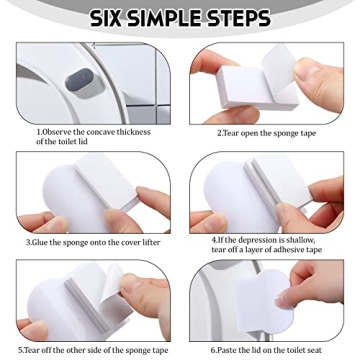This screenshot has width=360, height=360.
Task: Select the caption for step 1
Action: [x=93, y=136]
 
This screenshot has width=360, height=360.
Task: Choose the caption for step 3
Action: [x=92, y=242]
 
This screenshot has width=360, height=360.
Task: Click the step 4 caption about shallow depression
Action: [x=265, y=245]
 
